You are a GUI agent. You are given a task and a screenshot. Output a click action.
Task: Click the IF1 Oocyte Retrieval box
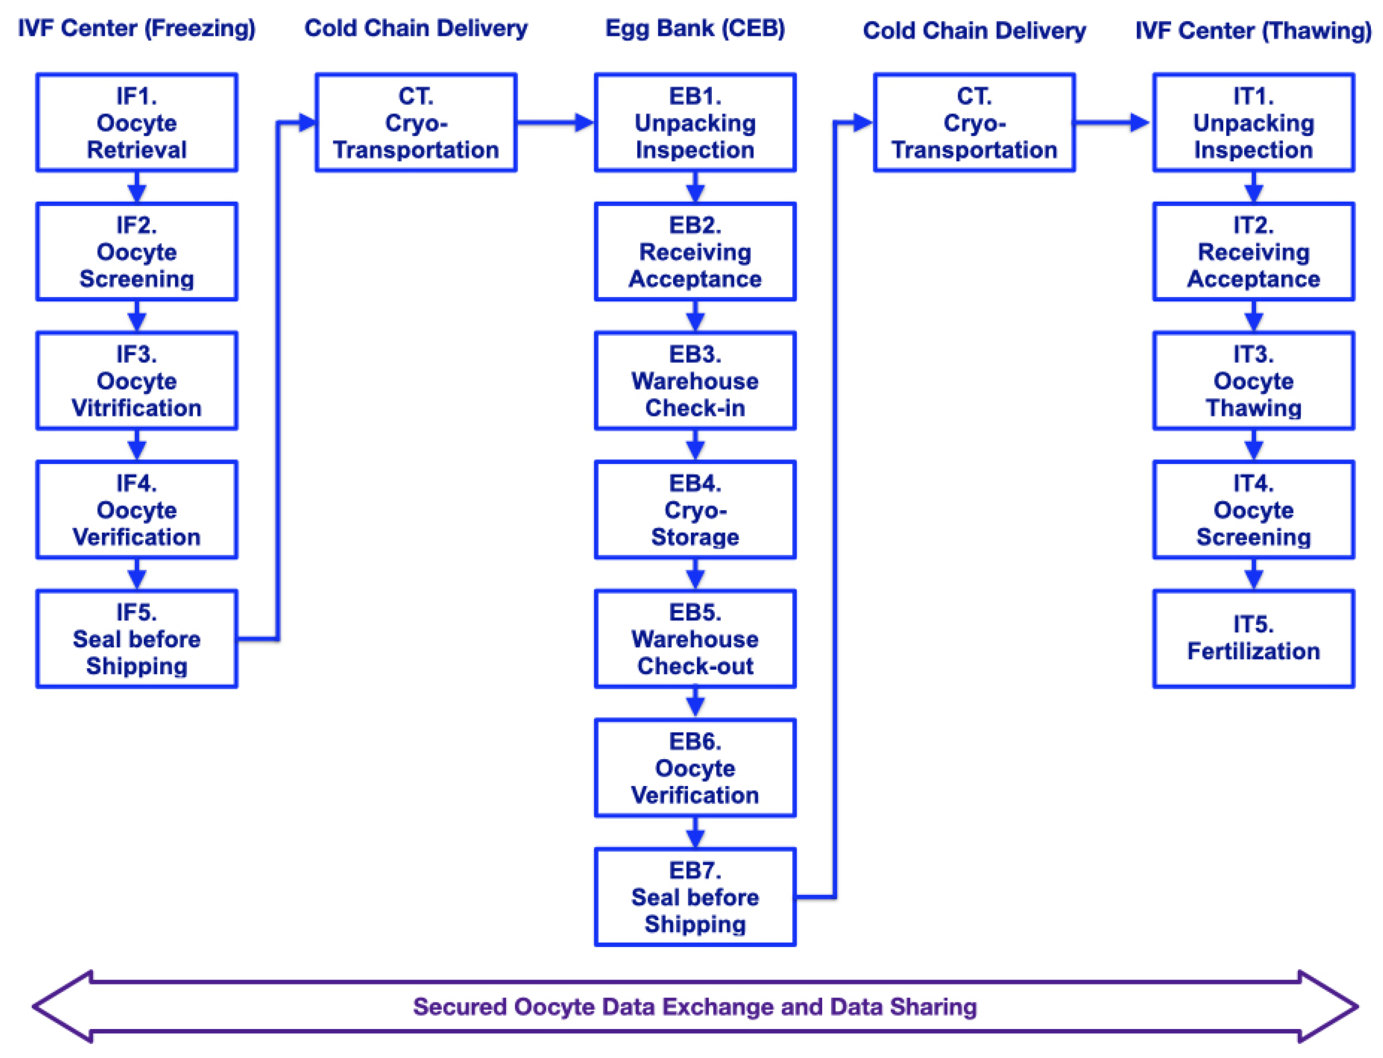(x=136, y=122)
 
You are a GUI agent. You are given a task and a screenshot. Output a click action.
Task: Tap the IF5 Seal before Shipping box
(x=136, y=639)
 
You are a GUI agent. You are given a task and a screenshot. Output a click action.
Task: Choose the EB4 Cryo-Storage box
(x=695, y=509)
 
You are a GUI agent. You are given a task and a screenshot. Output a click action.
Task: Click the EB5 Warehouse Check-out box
(x=695, y=639)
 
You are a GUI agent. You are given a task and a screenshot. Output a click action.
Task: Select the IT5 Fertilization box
(x=1253, y=639)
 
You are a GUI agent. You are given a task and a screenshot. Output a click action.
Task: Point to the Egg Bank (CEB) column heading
(x=695, y=29)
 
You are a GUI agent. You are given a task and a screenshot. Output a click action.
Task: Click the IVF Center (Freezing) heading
(x=136, y=29)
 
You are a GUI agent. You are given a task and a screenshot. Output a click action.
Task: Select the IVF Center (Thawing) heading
(x=1253, y=30)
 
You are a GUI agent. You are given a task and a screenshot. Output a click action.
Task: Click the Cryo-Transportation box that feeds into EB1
(x=416, y=122)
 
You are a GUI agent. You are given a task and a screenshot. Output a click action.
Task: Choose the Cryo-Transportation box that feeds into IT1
(x=974, y=122)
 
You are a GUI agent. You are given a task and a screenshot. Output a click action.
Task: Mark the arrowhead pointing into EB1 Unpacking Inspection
(x=584, y=122)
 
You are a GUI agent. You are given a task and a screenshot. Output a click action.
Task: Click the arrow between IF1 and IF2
(x=136, y=188)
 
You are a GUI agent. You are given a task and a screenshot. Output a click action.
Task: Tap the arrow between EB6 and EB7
(x=695, y=833)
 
